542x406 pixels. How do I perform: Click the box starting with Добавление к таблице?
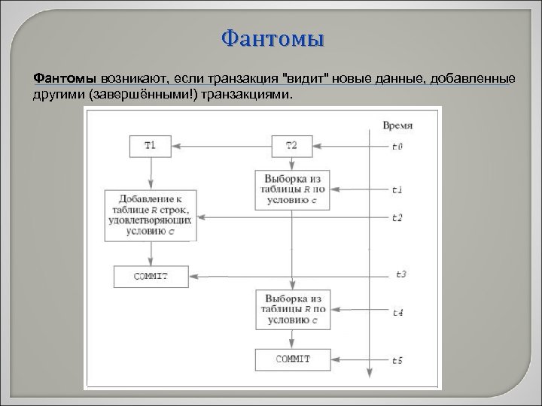pyautogui.click(x=152, y=215)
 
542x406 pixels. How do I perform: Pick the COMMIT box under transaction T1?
pyautogui.click(x=151, y=277)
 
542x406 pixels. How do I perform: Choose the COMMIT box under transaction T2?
pyautogui.click(x=292, y=359)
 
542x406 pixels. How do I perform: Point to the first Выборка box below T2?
pyautogui.click(x=292, y=189)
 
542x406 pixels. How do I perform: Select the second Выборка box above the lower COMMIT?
pyautogui.click(x=292, y=308)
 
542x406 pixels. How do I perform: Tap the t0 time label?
pyautogui.click(x=397, y=147)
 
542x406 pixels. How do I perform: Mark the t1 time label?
pyautogui.click(x=397, y=189)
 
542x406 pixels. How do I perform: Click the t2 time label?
pyautogui.click(x=397, y=217)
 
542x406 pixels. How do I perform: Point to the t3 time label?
pyautogui.click(x=400, y=274)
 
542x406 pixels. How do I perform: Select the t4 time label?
pyautogui.click(x=397, y=311)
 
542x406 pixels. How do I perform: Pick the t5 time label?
pyautogui.click(x=397, y=361)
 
